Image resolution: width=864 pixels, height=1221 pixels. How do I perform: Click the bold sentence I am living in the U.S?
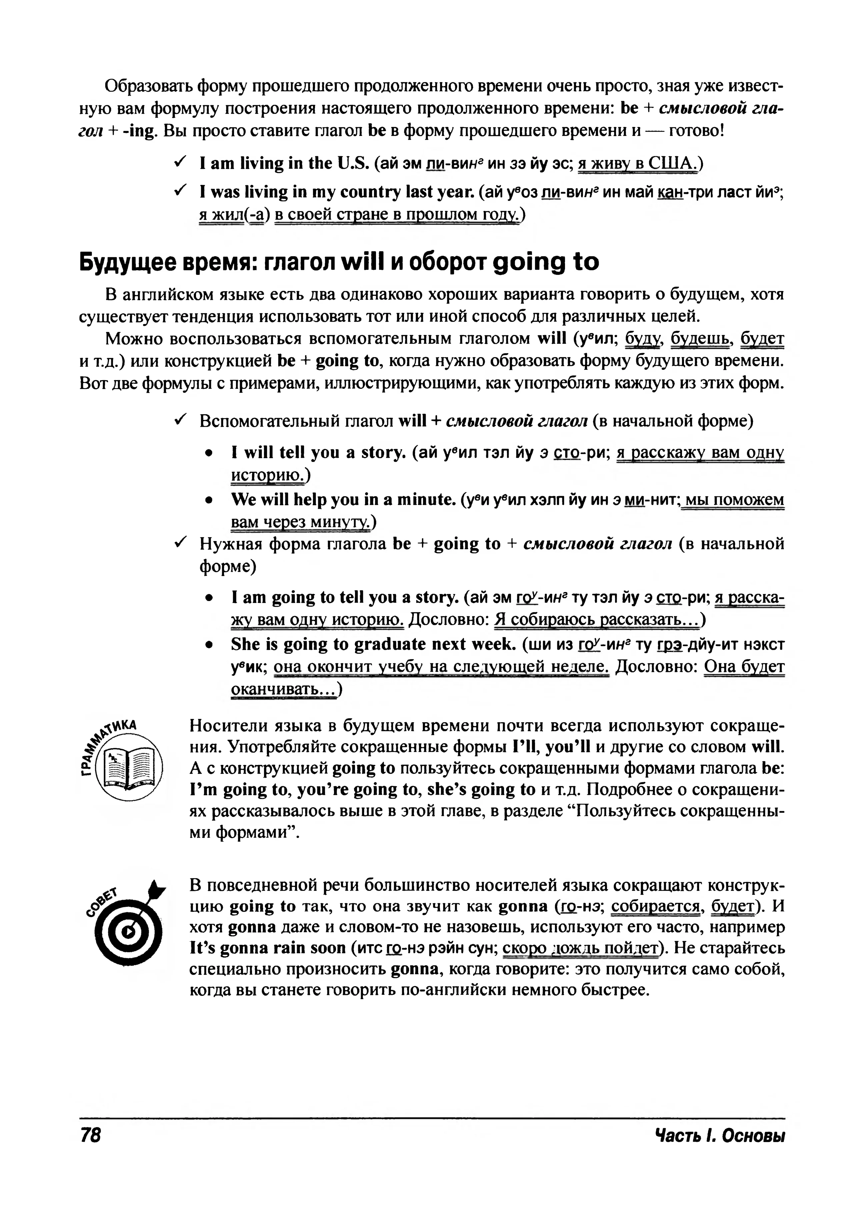click(x=285, y=163)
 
